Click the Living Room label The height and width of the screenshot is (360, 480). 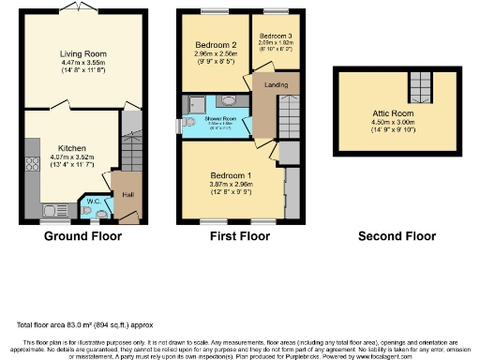pyautogui.click(x=82, y=53)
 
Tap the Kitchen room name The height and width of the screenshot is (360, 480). pyautogui.click(x=72, y=148)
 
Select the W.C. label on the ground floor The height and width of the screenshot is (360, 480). pyautogui.click(x=95, y=200)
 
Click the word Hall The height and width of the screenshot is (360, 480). pyautogui.click(x=125, y=196)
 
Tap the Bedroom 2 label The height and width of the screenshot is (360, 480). pyautogui.click(x=215, y=45)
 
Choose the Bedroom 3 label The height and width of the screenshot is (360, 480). pyautogui.click(x=276, y=36)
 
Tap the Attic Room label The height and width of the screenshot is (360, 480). pyautogui.click(x=392, y=113)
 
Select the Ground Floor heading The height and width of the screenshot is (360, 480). pyautogui.click(x=82, y=235)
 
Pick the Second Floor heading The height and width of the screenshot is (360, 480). pyautogui.click(x=392, y=235)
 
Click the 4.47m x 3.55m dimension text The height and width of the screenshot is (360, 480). pyautogui.click(x=82, y=63)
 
